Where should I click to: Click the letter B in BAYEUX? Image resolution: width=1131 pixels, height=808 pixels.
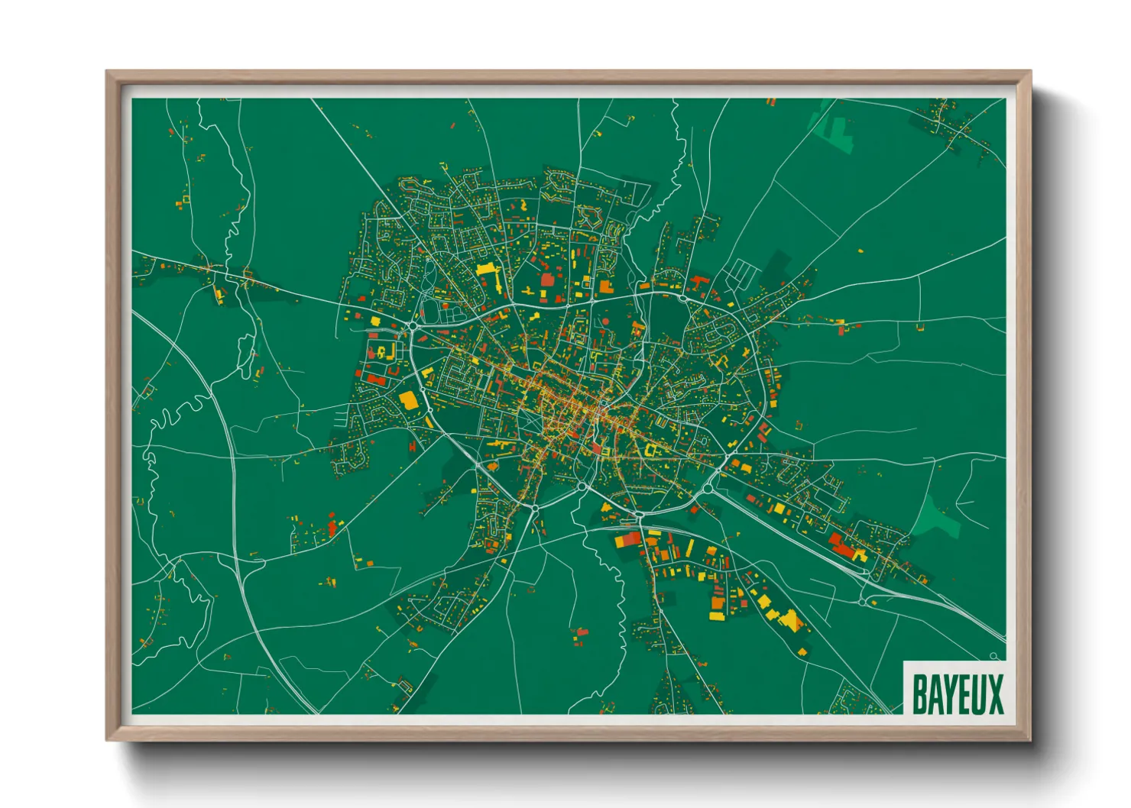click(920, 694)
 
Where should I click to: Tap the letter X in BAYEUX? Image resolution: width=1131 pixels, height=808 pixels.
click(994, 694)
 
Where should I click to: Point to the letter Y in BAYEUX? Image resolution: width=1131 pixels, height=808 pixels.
click(949, 694)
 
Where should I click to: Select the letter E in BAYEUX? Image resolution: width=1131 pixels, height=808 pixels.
click(963, 694)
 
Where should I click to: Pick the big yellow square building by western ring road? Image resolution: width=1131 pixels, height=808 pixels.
click(409, 400)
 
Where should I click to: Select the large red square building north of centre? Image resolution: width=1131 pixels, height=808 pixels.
click(547, 280)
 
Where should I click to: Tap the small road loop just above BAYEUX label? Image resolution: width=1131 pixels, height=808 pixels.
click(994, 656)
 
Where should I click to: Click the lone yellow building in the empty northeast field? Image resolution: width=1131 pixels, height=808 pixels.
click(860, 250)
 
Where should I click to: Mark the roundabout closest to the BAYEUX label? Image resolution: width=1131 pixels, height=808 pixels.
click(863, 602)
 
